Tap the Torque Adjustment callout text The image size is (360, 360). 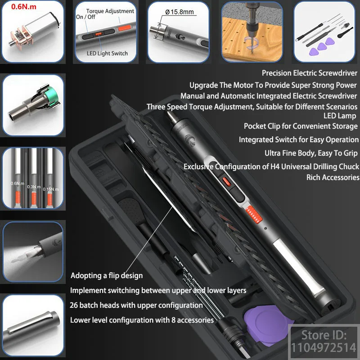[110, 11]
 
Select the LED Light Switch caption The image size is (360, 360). [107, 53]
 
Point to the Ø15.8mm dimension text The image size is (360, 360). [180, 12]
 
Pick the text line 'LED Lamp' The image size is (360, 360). [340, 116]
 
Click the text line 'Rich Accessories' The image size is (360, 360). [333, 177]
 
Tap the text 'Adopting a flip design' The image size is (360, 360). [107, 275]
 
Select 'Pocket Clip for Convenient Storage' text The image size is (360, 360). [301, 126]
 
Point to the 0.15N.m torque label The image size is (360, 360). [50, 189]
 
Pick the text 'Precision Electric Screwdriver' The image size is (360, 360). [310, 73]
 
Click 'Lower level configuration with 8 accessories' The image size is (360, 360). [142, 320]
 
